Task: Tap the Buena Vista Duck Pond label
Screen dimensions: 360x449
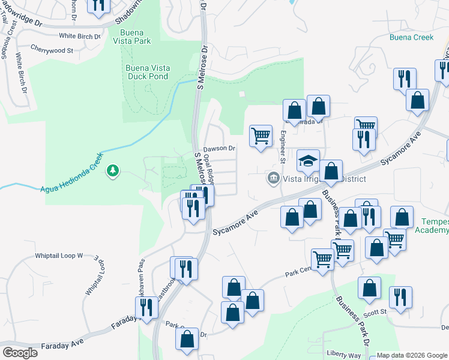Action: [147, 72]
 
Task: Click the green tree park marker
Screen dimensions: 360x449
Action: [112, 172]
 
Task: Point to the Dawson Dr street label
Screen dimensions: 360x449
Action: [219, 149]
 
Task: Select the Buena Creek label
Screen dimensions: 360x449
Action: [411, 37]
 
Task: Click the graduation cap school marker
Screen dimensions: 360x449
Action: [308, 161]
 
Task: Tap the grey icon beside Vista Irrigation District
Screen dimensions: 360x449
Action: [273, 178]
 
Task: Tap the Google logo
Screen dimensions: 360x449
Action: [19, 353]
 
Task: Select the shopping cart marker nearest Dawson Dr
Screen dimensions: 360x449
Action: [261, 136]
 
